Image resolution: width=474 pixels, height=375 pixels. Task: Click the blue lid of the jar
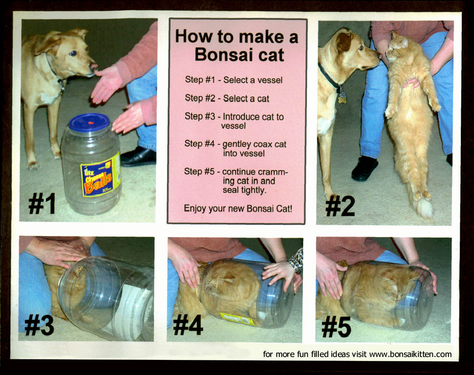pos(89,122)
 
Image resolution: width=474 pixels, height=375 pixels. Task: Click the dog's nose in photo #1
pos(94,66)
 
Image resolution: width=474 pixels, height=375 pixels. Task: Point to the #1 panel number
pos(42,203)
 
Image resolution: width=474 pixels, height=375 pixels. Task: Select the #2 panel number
pos(340,205)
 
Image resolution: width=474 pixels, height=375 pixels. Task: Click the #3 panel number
pos(40,325)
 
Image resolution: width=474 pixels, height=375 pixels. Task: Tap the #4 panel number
pos(188,325)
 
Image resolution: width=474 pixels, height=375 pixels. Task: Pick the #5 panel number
pos(336,326)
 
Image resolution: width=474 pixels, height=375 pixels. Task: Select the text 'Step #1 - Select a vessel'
pos(234,79)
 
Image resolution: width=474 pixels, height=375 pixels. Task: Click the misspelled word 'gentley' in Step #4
pos(236,144)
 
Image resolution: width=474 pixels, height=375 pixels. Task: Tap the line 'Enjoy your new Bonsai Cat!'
pos(238,208)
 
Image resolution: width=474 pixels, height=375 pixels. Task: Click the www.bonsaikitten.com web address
pos(410,354)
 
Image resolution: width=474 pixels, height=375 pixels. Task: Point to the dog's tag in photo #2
pos(342,97)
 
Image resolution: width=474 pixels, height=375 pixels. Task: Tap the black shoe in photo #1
pos(138,156)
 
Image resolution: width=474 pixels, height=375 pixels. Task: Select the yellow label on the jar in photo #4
pos(238,319)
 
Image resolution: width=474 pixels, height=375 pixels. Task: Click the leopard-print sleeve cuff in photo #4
pos(296,260)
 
